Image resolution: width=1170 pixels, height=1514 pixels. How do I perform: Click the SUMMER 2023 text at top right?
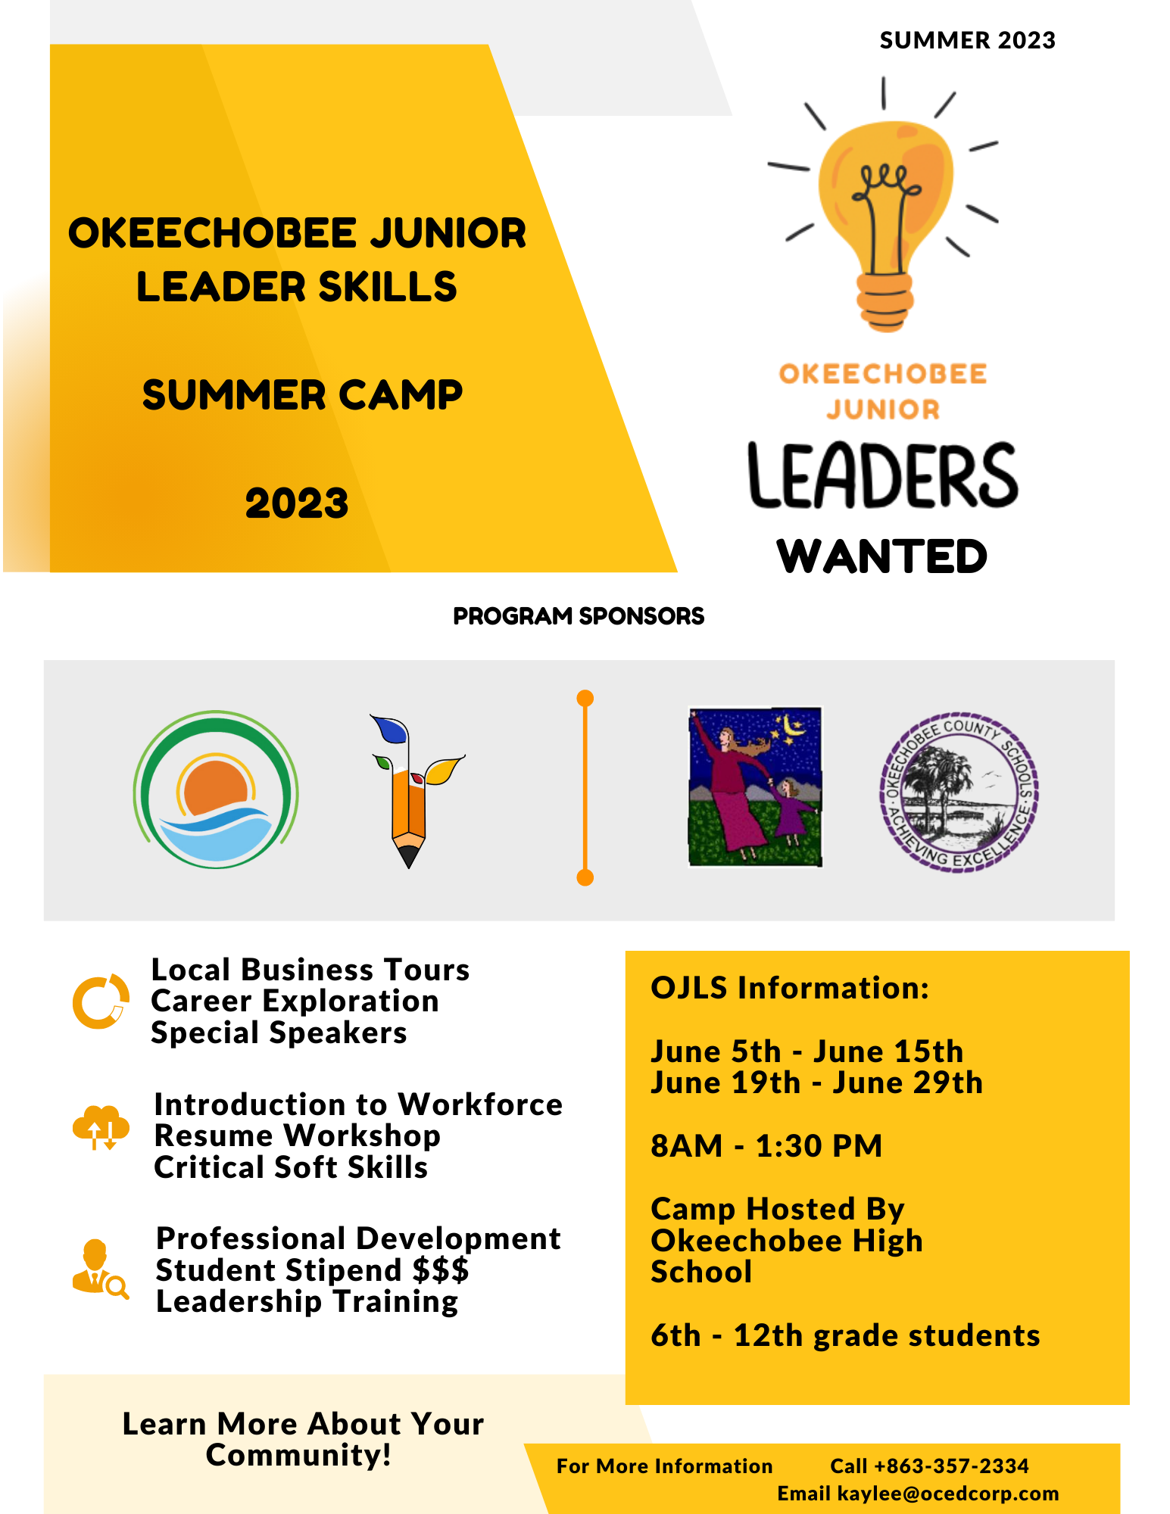[x=967, y=40]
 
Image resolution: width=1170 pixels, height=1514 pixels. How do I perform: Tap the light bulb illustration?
[x=883, y=204]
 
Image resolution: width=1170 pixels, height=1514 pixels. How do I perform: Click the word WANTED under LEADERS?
[x=882, y=556]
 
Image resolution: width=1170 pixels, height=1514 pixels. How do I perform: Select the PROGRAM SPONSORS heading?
[x=579, y=616]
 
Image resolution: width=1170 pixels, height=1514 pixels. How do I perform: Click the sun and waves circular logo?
[x=216, y=790]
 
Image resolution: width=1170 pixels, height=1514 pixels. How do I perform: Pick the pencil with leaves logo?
[x=413, y=791]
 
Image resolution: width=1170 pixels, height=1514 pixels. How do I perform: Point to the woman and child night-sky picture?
[x=755, y=787]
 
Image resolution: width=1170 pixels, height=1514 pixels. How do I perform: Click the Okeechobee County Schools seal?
[x=959, y=792]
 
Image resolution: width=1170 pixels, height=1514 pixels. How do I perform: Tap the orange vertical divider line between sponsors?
[x=585, y=787]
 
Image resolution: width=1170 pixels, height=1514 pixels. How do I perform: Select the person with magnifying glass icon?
[x=99, y=1269]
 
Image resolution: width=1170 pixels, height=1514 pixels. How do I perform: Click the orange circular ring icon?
[x=100, y=1001]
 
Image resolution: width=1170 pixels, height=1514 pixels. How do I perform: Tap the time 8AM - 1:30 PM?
[x=766, y=1146]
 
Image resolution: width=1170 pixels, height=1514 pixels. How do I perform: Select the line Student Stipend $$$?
[x=312, y=1270]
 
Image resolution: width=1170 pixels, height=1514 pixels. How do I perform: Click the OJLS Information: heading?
[x=790, y=988]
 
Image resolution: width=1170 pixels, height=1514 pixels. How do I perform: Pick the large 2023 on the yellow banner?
[x=297, y=503]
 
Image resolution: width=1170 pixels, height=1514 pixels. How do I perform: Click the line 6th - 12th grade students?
[x=845, y=1336]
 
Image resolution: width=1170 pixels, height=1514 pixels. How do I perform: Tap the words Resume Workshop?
[x=297, y=1136]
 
